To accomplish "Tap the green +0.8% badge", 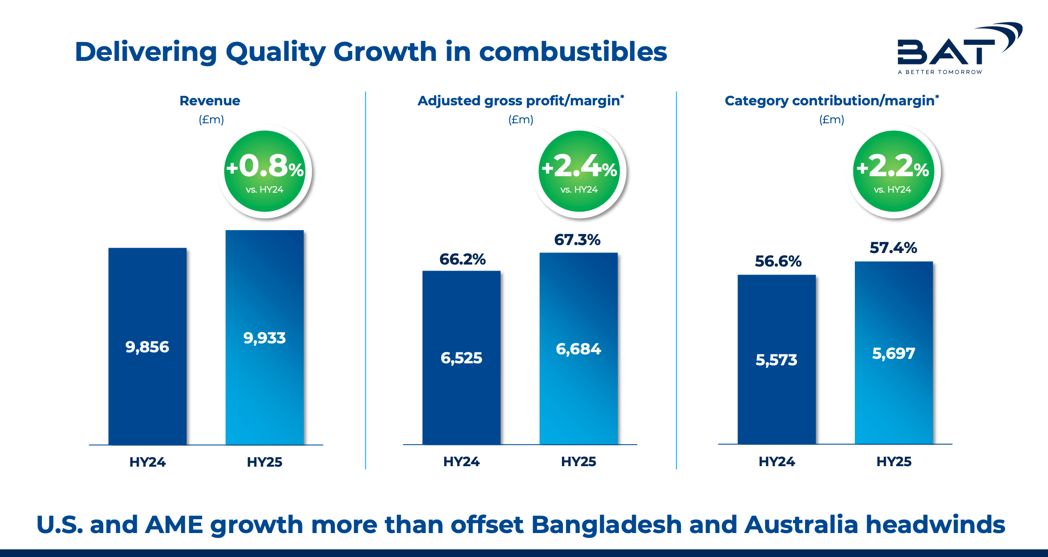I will (x=264, y=171).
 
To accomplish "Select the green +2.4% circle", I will (x=579, y=171).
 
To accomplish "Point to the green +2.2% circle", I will (x=893, y=171).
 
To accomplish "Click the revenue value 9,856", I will (x=147, y=347).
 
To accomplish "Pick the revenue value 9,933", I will (x=264, y=338).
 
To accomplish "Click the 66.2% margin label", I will (x=462, y=259).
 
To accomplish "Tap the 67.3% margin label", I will (x=577, y=240).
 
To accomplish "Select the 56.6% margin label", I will (x=778, y=261).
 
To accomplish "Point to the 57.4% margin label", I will (x=893, y=248).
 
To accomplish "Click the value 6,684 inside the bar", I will (x=578, y=349).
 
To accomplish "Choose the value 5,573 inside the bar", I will (x=777, y=360).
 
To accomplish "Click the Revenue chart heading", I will (x=210, y=101).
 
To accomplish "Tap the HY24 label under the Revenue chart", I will (x=147, y=462).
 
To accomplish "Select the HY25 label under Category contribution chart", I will (x=894, y=462).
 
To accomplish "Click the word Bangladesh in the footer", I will (x=606, y=525).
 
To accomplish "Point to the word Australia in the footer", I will (x=801, y=525).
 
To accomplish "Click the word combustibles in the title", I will (x=573, y=52).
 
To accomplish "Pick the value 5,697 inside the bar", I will (x=894, y=353).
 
